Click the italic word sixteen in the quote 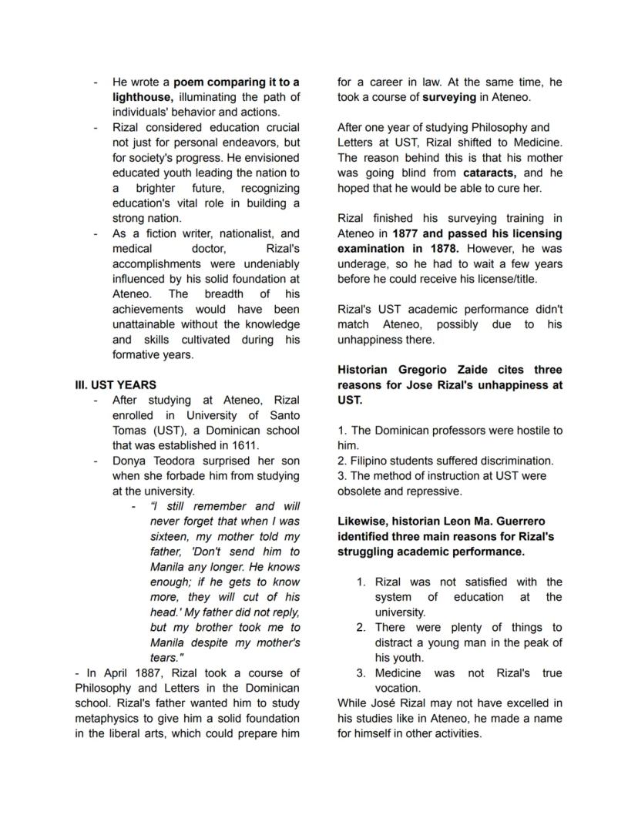[x=172, y=536]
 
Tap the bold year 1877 [x=408, y=233]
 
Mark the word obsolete [x=362, y=491]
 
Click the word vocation [x=398, y=688]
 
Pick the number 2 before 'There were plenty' [x=360, y=628]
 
